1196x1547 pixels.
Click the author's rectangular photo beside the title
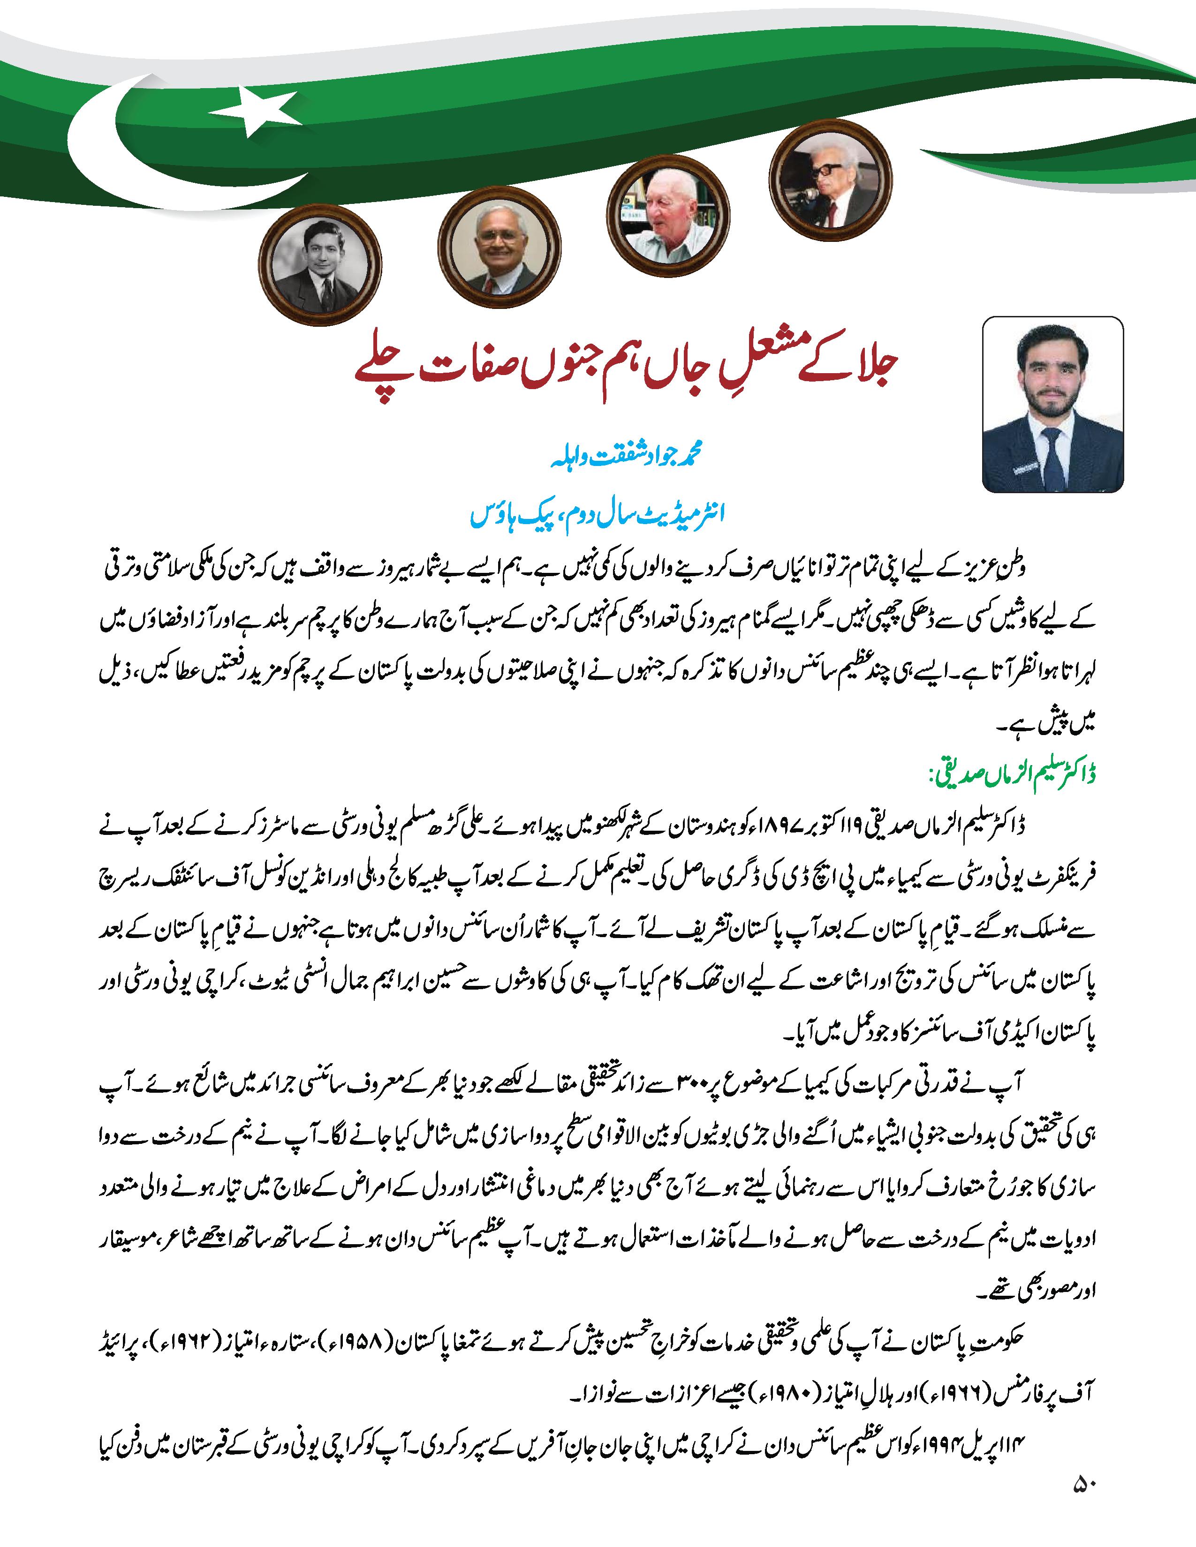[x=1052, y=404]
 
